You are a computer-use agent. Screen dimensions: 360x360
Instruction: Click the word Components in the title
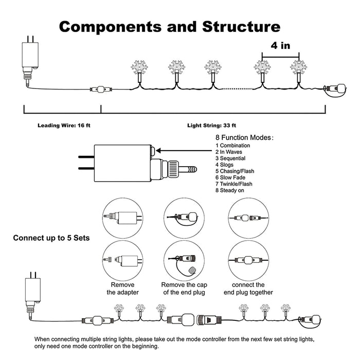(110, 27)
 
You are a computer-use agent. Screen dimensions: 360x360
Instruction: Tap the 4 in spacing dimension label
(280, 45)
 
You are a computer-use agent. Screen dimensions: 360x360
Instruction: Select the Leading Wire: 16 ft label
(64, 125)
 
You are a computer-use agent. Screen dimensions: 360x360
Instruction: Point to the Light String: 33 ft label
(211, 125)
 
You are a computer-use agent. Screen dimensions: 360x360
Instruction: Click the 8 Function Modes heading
(244, 137)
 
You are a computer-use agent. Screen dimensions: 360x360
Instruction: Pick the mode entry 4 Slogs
(224, 165)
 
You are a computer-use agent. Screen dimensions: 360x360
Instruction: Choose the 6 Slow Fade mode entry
(230, 177)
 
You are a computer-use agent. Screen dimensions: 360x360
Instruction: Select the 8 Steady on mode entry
(229, 190)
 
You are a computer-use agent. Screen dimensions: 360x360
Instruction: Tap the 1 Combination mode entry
(232, 146)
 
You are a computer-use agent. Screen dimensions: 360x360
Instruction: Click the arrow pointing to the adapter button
(184, 151)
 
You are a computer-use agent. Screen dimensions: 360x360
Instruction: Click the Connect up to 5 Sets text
(51, 238)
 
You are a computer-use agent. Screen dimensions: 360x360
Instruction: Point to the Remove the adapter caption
(122, 289)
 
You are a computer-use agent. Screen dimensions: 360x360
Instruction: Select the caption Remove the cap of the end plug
(184, 289)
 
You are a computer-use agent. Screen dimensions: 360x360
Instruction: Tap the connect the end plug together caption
(248, 289)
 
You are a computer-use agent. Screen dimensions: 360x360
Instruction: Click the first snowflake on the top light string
(139, 68)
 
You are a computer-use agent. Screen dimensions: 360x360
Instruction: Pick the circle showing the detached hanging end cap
(184, 261)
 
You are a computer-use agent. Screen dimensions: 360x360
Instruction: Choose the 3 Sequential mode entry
(230, 158)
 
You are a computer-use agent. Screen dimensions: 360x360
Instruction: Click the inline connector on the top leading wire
(101, 89)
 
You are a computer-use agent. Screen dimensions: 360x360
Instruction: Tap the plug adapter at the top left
(30, 61)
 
